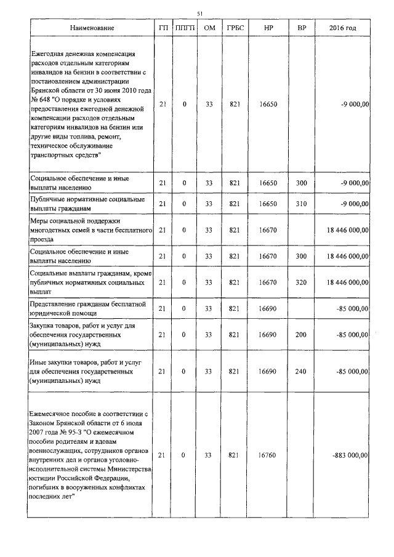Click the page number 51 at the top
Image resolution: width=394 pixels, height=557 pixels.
pos(199,14)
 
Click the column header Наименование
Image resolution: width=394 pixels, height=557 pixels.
pos(91,29)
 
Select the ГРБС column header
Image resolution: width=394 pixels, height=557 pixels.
pos(234,29)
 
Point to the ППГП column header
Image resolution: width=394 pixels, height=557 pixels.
pos(185,29)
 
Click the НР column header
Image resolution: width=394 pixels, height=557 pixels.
pos(269,29)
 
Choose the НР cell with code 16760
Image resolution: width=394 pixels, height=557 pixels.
pos(268,455)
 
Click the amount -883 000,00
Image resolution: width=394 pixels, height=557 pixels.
pos(350,455)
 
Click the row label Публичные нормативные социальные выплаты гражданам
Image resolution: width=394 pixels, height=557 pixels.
pos(88,204)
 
